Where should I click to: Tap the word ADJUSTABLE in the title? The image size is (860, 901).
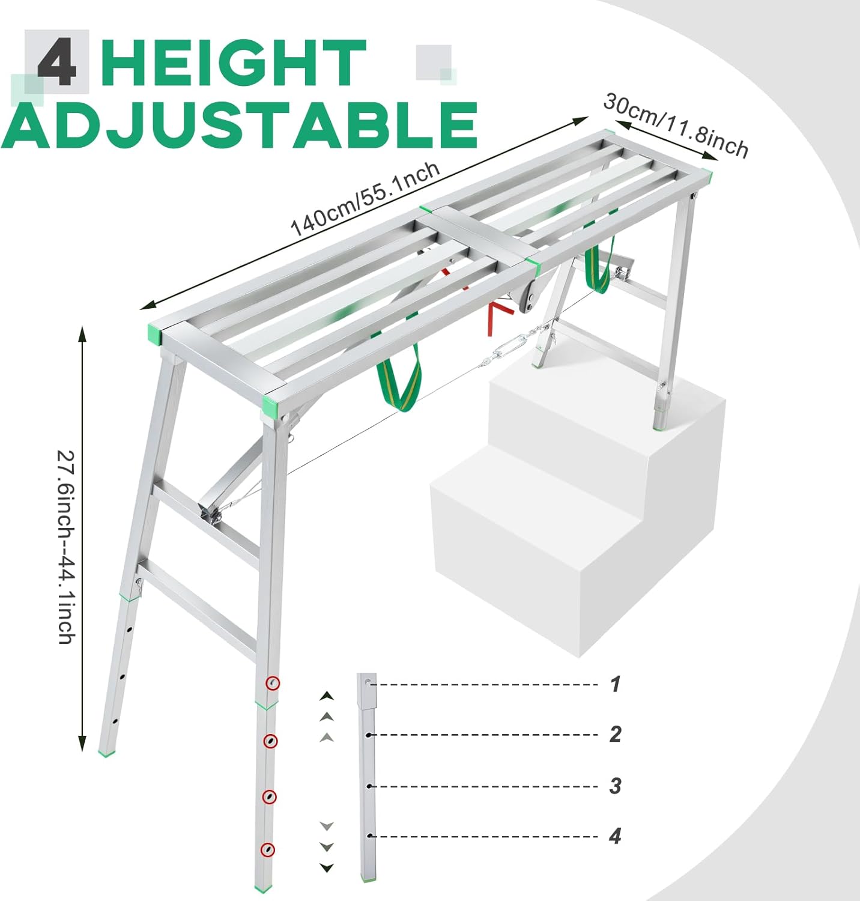pyautogui.click(x=240, y=125)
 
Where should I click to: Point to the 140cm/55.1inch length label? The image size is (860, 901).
pyautogui.click(x=365, y=199)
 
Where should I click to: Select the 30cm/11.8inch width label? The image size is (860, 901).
pyautogui.click(x=676, y=126)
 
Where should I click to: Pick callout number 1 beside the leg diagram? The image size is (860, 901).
pyautogui.click(x=615, y=684)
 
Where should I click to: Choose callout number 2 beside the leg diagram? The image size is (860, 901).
pyautogui.click(x=615, y=734)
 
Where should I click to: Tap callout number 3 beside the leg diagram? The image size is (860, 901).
pyautogui.click(x=615, y=786)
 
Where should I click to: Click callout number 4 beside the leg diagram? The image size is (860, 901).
pyautogui.click(x=615, y=836)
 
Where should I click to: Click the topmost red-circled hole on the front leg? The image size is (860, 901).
pyautogui.click(x=273, y=683)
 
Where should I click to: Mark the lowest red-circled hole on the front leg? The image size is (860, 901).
pyautogui.click(x=268, y=849)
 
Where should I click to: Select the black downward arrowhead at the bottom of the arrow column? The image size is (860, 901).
pyautogui.click(x=327, y=867)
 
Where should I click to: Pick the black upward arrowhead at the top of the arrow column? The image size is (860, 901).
pyautogui.click(x=327, y=696)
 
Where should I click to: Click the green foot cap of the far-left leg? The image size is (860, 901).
pyautogui.click(x=107, y=753)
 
